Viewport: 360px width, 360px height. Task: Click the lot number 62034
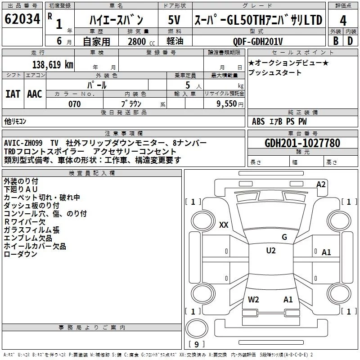coord(22,19)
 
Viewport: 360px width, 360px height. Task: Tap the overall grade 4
coord(343,21)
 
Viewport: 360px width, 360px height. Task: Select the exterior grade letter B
coord(336,41)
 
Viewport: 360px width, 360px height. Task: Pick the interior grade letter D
coord(350,41)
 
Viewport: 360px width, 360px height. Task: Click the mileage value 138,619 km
coord(53,64)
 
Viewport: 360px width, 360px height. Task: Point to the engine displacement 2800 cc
coord(141,41)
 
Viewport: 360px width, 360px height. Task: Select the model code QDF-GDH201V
coord(257,41)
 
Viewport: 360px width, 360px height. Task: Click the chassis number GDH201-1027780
coord(302,143)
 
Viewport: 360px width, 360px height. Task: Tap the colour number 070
coord(75,104)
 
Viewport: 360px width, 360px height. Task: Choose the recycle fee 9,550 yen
coord(230,104)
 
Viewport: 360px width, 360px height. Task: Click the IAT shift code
coord(13,94)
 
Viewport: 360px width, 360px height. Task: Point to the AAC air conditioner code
coord(35,94)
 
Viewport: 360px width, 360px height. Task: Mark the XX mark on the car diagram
coord(224,225)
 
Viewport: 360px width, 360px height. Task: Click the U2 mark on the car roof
coord(271,250)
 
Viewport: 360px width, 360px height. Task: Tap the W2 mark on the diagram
coord(253,299)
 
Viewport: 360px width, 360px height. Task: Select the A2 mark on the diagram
coord(321,184)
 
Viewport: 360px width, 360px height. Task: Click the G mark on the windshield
coord(284,237)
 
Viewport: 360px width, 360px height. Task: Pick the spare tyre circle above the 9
coord(197,328)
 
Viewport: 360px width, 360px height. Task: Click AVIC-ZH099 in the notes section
coord(23,143)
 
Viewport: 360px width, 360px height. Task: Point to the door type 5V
coord(174,20)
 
